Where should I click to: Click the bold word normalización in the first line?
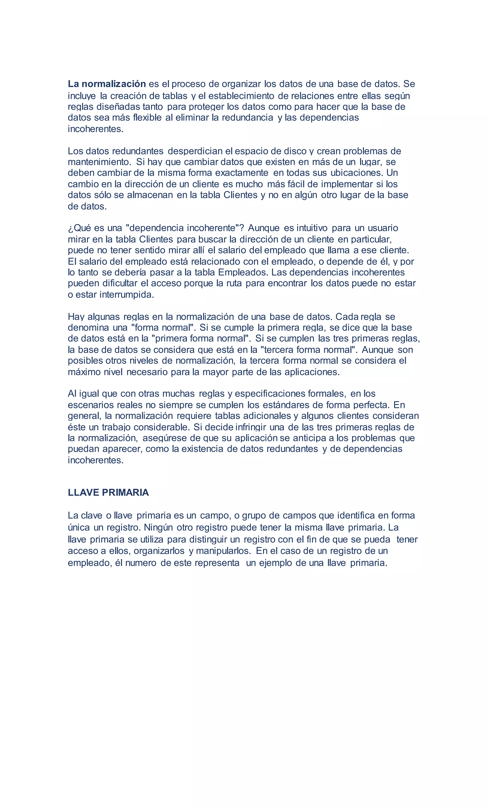click(113, 84)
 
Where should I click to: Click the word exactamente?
click(242, 173)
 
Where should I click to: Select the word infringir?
click(251, 427)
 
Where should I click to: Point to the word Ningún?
click(159, 527)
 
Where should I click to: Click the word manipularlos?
click(223, 551)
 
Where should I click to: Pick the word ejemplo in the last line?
click(275, 563)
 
